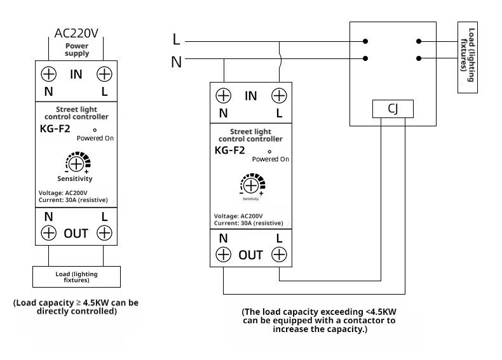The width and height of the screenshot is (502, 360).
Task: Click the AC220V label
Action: tap(76, 33)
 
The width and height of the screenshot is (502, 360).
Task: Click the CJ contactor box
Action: tap(393, 109)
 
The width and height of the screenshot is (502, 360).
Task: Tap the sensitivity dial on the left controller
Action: tap(77, 163)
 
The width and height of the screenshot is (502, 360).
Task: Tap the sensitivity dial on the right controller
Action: tap(252, 185)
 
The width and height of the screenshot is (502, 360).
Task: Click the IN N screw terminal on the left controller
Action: tap(49, 74)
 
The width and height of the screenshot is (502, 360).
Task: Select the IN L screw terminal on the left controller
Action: tap(104, 74)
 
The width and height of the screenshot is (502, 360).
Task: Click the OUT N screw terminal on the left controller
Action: tap(49, 232)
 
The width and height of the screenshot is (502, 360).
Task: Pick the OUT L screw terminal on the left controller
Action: tap(104, 232)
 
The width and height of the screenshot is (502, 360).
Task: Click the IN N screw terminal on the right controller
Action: tap(224, 96)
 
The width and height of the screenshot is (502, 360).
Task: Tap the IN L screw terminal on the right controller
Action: tap(279, 96)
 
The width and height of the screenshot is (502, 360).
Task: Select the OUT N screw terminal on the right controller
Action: tap(224, 255)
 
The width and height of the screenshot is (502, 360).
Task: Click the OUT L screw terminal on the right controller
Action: tap(279, 255)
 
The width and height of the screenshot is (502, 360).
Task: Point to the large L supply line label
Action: tap(176, 39)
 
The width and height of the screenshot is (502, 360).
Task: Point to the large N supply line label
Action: tap(177, 62)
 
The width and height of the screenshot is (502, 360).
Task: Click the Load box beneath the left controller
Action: tap(76, 277)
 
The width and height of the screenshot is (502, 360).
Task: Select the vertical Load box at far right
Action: tap(468, 57)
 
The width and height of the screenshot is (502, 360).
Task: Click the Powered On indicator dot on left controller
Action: tap(95, 130)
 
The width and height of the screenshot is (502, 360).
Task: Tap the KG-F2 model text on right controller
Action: tap(229, 150)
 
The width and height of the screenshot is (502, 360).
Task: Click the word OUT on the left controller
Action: tap(76, 233)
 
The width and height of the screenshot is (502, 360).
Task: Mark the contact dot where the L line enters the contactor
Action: tap(365, 41)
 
